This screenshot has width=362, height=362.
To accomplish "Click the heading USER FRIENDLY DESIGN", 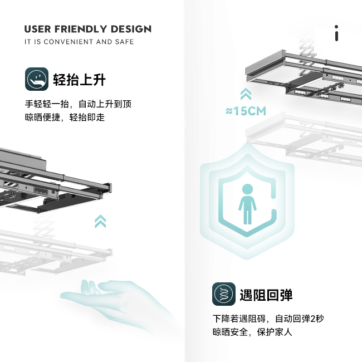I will coord(87,29).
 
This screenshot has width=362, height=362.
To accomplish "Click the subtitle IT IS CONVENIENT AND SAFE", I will coord(79,42).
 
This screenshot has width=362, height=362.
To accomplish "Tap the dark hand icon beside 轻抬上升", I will coord(36,79).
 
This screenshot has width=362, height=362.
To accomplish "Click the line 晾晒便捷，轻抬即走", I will coord(65,118).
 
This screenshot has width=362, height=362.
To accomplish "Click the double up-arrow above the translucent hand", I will coord(100,221).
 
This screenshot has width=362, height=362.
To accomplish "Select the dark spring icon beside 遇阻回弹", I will coord(223,294).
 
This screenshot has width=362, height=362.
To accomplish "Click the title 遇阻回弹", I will coord(266,295).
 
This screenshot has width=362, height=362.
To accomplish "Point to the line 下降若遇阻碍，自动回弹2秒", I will coord(267,319).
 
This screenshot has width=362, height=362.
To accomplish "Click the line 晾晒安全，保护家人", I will coord(252,332).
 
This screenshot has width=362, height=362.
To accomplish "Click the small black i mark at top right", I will coord(336,33).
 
